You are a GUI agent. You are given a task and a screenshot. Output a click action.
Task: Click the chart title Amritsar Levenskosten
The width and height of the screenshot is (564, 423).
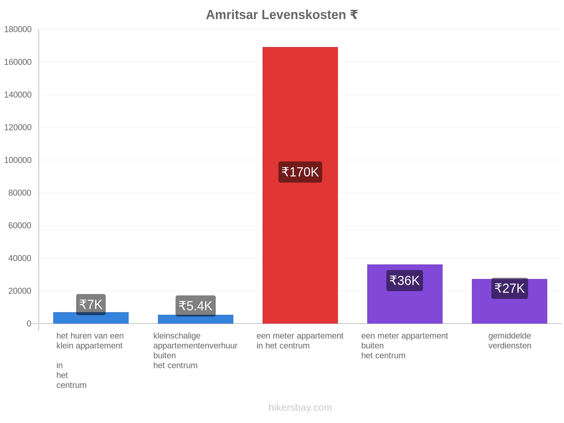tap(276, 15)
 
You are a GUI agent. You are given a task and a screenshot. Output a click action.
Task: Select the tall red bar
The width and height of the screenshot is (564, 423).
tap(300, 185)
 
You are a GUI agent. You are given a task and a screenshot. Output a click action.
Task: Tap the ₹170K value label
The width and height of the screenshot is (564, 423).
tap(300, 172)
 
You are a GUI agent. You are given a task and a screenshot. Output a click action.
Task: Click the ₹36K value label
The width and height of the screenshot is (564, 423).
tap(404, 281)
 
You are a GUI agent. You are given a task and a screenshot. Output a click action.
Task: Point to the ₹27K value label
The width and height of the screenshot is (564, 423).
tap(509, 288)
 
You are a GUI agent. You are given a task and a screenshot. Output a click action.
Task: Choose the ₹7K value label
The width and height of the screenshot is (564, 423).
tap(91, 305)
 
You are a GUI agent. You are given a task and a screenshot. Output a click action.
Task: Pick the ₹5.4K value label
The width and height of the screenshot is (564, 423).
tap(196, 306)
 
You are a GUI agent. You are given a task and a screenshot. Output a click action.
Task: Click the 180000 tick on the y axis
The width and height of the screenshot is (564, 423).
tap(18, 29)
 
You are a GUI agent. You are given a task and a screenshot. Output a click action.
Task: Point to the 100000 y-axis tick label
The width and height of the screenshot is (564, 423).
tap(18, 160)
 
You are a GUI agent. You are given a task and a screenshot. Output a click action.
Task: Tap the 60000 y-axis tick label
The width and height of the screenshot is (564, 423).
tap(20, 226)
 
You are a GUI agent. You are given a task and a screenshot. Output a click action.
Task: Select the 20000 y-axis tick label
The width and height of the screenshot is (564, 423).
tap(20, 291)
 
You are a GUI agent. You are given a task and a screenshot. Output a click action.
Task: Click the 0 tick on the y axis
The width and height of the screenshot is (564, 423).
tap(29, 324)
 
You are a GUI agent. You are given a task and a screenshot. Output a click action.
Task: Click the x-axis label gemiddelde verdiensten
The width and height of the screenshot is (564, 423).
tap(510, 341)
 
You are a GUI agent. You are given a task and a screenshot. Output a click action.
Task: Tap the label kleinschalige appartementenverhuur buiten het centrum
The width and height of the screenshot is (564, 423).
tap(195, 350)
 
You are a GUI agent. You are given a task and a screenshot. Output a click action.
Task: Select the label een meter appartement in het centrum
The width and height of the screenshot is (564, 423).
tap(300, 341)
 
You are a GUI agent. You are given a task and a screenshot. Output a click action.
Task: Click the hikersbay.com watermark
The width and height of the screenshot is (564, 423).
tap(300, 407)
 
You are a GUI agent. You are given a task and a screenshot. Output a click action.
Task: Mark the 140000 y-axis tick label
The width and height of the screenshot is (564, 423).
tap(18, 95)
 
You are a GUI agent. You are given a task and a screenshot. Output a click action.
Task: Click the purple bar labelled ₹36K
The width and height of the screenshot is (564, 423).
tap(405, 294)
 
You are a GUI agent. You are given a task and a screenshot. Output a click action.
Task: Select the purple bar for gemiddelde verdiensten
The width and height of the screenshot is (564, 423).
tap(509, 301)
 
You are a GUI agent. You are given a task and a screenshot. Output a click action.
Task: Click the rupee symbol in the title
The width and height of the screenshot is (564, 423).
tap(354, 15)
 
